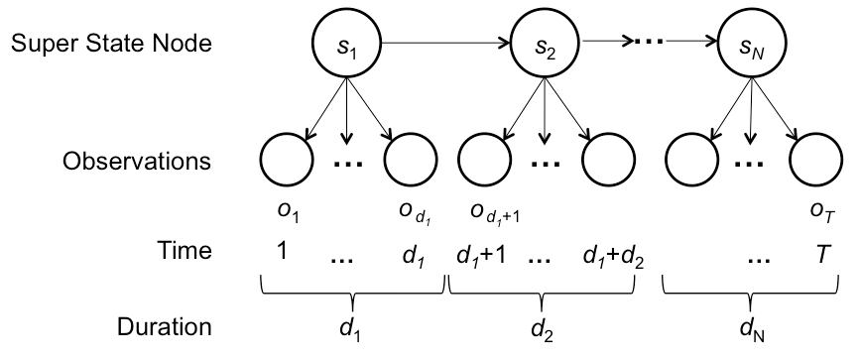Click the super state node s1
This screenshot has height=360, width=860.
(346, 44)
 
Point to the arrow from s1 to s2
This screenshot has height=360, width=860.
(446, 44)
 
